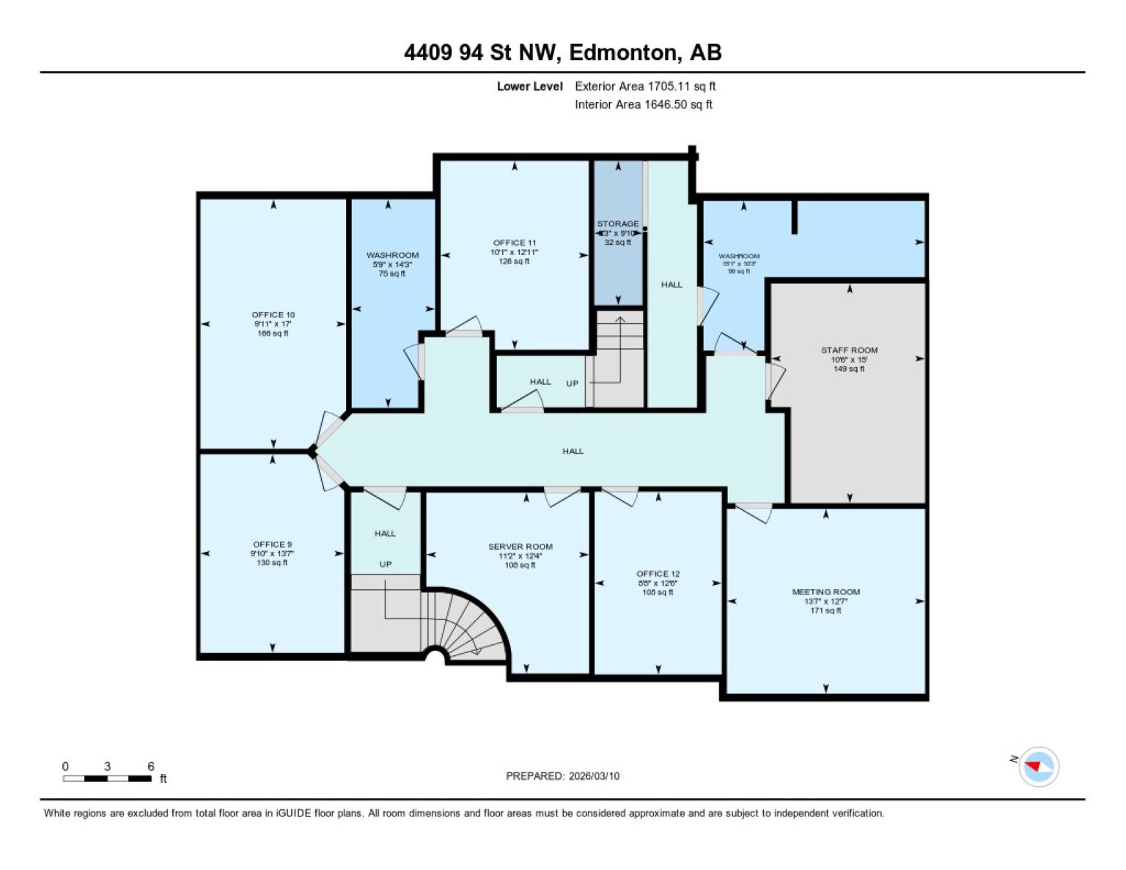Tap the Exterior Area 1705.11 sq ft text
coord(644,86)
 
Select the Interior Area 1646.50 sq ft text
coord(643,104)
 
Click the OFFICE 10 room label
coord(273,314)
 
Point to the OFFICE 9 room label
coord(272,544)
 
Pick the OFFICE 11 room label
coord(514,243)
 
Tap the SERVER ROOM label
coord(520,546)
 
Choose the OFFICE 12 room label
coord(658,573)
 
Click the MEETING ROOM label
coord(825,591)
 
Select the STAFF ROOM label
coord(849,350)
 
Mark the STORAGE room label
coord(617,224)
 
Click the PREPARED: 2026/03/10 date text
coord(562,775)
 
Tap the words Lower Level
coord(529,86)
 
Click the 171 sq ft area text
coord(825,611)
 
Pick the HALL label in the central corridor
coord(573,451)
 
